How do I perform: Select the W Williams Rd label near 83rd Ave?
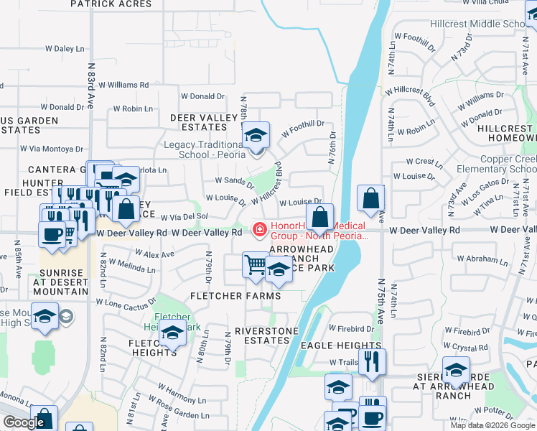[123, 85]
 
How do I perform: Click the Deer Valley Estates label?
[203, 122]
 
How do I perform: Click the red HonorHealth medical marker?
[260, 230]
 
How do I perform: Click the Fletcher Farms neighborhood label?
[235, 296]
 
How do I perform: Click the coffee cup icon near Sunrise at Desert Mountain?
[52, 236]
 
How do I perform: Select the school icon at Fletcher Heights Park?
[172, 333]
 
